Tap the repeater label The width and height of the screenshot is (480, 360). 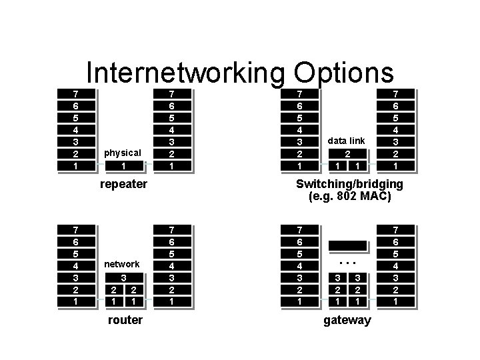coord(123,183)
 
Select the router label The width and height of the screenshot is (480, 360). coord(125,320)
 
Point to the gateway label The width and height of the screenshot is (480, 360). coord(347,320)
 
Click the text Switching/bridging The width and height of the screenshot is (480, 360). coord(349,183)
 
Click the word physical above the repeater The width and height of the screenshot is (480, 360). coord(123,153)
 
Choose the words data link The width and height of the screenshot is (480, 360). coord(346,141)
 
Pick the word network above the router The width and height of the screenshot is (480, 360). coord(123,264)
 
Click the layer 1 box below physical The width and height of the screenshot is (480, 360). coord(123,165)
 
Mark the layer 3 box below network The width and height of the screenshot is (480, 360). coord(123,277)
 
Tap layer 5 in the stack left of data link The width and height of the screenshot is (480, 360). coord(300,117)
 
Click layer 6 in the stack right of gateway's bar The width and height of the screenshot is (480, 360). coord(396,241)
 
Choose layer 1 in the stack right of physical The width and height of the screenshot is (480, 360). coord(173,165)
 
